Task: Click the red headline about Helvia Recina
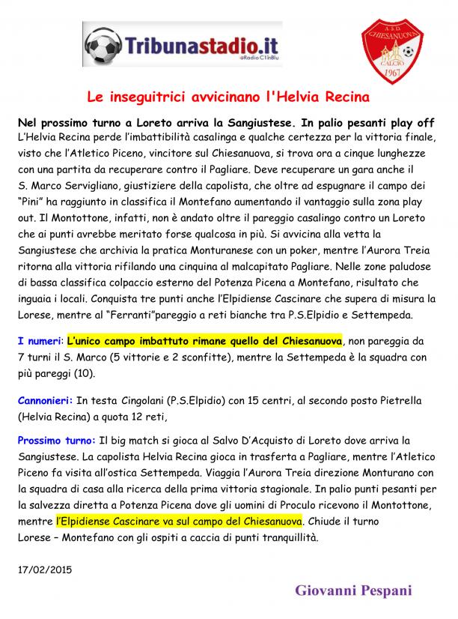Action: coord(228,97)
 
